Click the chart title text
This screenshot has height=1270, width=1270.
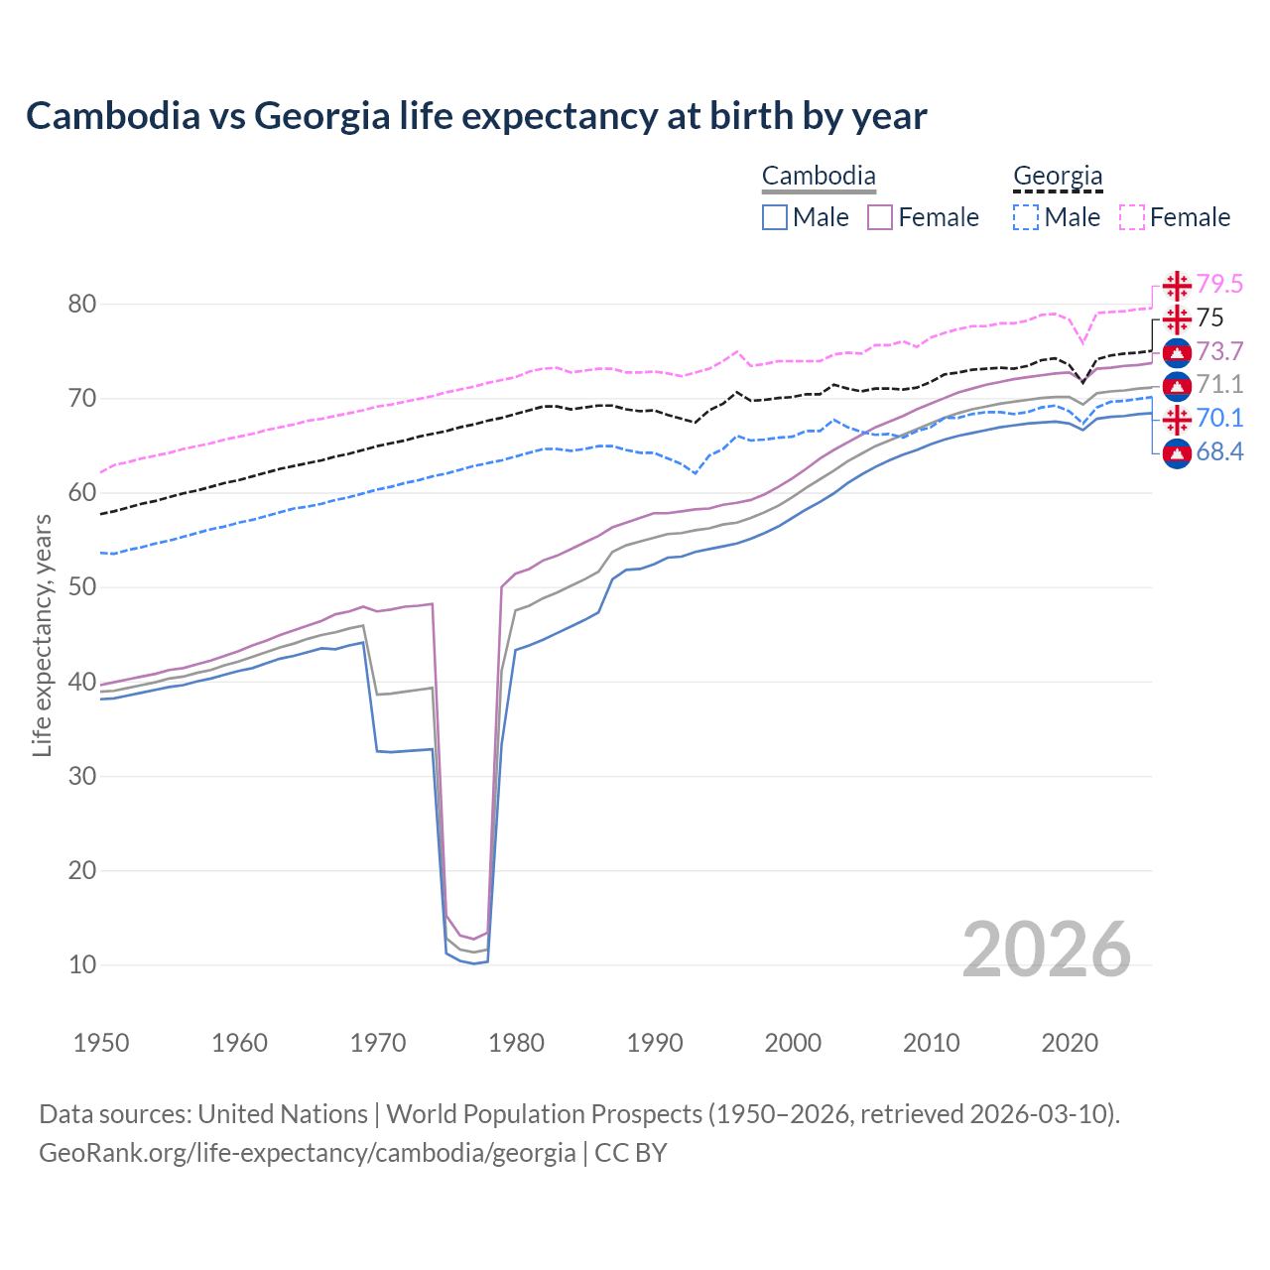pyautogui.click(x=476, y=116)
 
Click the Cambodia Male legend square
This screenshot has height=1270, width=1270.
pyautogui.click(x=775, y=217)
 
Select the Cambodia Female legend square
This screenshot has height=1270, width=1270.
pyautogui.click(x=880, y=217)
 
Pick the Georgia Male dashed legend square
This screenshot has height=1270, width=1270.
pyautogui.click(x=1026, y=217)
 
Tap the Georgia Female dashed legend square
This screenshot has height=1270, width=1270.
pyautogui.click(x=1132, y=217)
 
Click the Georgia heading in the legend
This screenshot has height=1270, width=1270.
pyautogui.click(x=1058, y=177)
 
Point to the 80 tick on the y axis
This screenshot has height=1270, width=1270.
pyautogui.click(x=82, y=305)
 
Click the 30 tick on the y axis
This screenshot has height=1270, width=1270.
pyautogui.click(x=82, y=776)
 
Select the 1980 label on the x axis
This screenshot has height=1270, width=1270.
pyautogui.click(x=517, y=1043)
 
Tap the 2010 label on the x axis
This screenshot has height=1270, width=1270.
pyautogui.click(x=931, y=1043)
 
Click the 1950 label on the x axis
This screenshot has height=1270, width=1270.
pyautogui.click(x=102, y=1043)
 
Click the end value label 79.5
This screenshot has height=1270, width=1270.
pyautogui.click(x=1219, y=285)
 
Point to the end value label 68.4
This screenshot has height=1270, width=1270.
pyautogui.click(x=1219, y=452)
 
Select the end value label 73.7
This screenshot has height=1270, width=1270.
pyautogui.click(x=1219, y=352)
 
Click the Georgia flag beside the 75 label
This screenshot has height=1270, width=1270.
pyautogui.click(x=1177, y=318)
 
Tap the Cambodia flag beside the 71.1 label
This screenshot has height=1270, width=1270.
pyautogui.click(x=1177, y=386)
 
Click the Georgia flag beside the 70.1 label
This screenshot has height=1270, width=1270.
pyautogui.click(x=1177, y=419)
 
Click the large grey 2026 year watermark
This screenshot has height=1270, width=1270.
pyautogui.click(x=1047, y=950)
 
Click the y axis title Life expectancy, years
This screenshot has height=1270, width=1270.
pyautogui.click(x=43, y=635)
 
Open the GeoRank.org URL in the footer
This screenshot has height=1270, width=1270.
pyautogui.click(x=308, y=1153)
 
